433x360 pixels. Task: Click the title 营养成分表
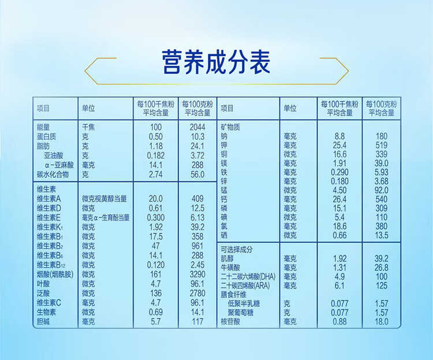(216, 62)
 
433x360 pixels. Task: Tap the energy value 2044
(197, 127)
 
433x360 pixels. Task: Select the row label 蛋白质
(46, 136)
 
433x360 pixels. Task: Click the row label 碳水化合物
(53, 175)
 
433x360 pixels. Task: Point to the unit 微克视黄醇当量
(104, 199)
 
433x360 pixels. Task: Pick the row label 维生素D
(49, 208)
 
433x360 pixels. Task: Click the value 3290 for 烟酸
(197, 274)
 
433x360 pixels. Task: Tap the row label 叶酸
(43, 284)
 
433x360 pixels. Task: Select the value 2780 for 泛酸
(197, 293)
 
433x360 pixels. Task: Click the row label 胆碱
(43, 321)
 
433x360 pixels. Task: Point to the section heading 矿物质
(230, 127)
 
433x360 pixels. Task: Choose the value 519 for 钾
(382, 145)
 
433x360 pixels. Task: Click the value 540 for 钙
(382, 199)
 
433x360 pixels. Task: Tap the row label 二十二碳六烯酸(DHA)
(248, 276)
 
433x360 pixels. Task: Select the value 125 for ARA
(382, 285)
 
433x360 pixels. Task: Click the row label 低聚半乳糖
(244, 303)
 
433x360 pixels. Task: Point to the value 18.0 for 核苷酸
(382, 321)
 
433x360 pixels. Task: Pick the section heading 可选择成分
(237, 250)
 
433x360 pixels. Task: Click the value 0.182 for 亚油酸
(156, 155)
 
